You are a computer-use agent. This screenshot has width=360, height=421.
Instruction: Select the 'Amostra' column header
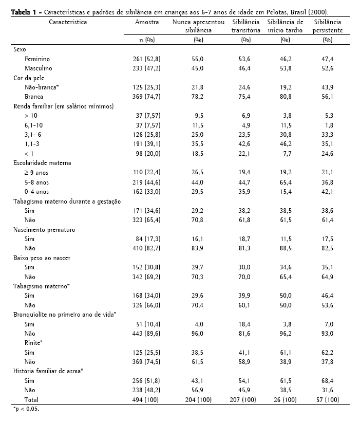146,22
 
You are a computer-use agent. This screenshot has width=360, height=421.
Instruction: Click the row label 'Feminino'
37,60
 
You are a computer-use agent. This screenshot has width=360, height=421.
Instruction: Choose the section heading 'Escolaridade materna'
42,163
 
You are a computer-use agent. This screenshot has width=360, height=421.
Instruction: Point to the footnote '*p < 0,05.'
26,409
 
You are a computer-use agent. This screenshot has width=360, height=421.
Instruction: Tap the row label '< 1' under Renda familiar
28,154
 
